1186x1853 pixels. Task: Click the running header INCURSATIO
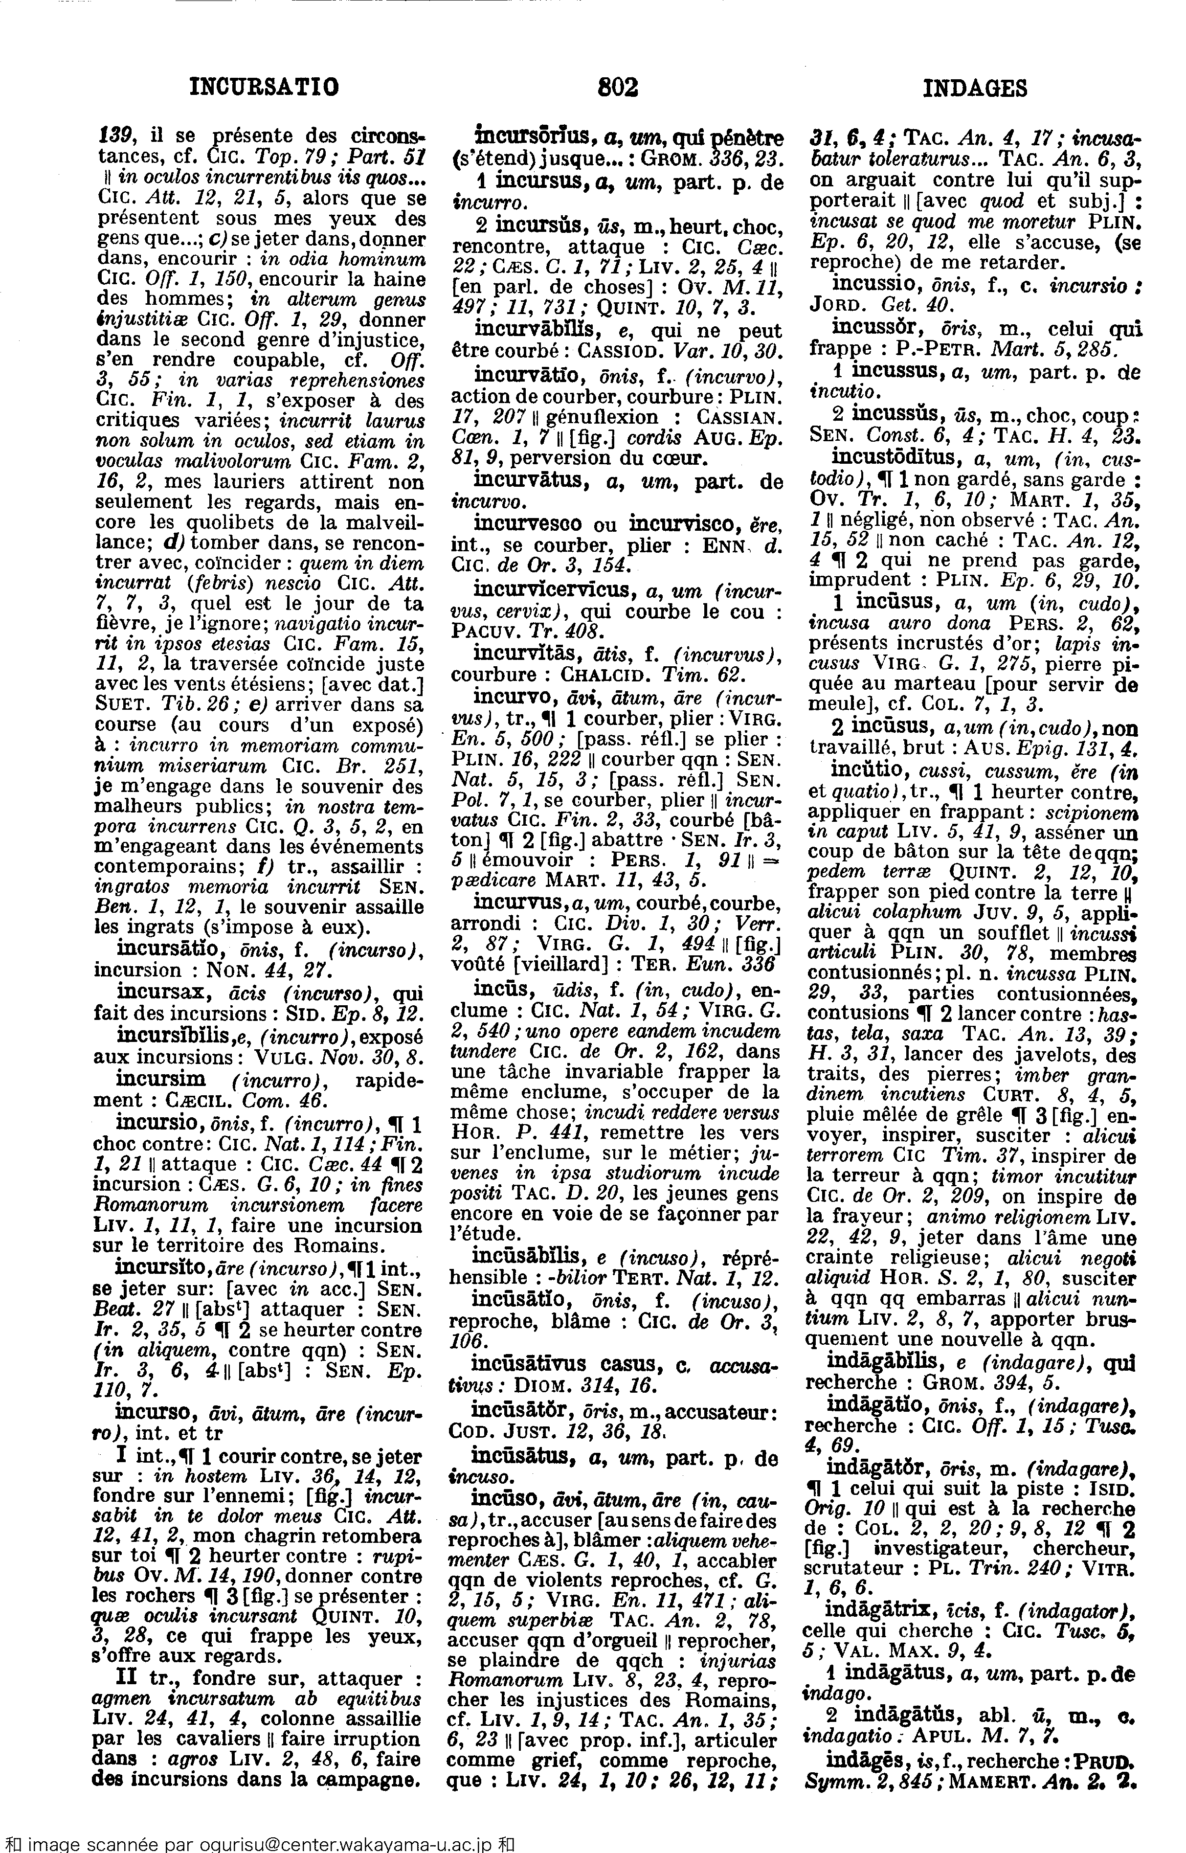click(264, 88)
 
